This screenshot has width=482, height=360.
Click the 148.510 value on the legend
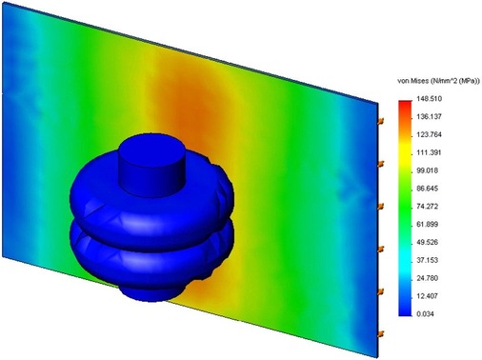429,99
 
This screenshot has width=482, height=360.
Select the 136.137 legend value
429,117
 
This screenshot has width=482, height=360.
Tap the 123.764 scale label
429,134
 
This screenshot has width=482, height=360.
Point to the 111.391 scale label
429,152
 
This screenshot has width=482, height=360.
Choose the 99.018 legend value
428,170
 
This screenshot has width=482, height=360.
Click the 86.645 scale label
428,189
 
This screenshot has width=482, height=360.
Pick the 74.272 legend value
428,207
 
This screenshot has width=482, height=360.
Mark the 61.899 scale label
428,225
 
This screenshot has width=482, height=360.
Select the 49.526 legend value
428,242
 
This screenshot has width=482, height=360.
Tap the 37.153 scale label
428,260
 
